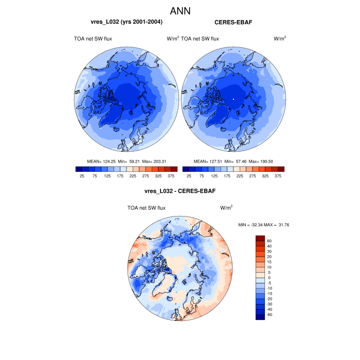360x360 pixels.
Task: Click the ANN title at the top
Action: tap(180, 10)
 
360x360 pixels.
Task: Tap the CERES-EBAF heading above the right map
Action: tap(233, 23)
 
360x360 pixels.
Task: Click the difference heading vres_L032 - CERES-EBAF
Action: tap(180, 191)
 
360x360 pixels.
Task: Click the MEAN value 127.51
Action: tap(213, 161)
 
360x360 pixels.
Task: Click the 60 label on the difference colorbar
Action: tap(269, 241)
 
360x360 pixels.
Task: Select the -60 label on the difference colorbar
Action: tap(269, 314)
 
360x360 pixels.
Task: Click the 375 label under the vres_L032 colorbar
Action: tap(171, 176)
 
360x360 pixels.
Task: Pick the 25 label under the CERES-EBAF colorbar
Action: tap(189, 176)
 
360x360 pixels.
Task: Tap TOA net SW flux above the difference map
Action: tap(146, 208)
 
